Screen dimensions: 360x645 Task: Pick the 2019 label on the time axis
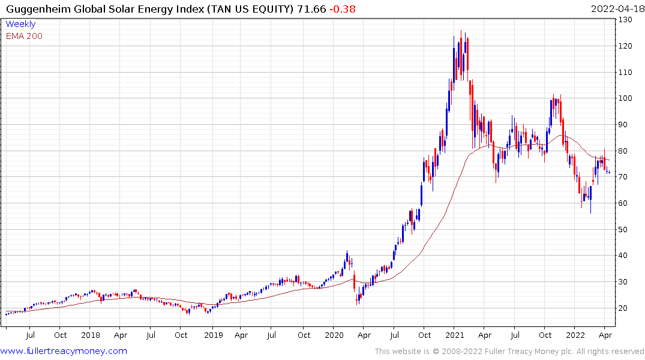pos(213,335)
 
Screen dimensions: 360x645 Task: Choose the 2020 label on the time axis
pos(334,335)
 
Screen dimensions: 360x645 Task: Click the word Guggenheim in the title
pos(35,9)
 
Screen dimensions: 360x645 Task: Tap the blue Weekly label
pos(20,24)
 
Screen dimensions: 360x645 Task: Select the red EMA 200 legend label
pos(24,36)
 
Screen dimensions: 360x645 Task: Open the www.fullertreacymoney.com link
pos(64,351)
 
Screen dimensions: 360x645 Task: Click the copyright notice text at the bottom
pos(509,351)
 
